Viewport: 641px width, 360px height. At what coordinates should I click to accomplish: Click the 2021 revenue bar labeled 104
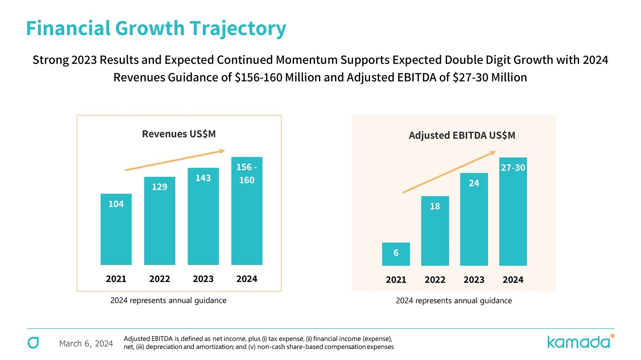coord(116,229)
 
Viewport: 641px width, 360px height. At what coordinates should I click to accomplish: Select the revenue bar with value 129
coord(159,221)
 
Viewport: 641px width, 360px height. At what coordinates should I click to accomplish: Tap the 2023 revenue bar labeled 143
coord(203,216)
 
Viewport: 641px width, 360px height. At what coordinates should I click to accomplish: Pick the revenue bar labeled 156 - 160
coord(247,211)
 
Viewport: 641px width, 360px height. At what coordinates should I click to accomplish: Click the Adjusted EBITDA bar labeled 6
coord(396,254)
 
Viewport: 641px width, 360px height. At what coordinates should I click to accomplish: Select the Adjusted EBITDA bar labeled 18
coord(435,231)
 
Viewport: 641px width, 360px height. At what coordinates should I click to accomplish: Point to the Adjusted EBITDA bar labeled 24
coord(474,219)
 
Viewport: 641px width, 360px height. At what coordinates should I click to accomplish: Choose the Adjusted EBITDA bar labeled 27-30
coord(513,211)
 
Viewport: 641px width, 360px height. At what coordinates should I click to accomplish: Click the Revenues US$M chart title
coord(179,134)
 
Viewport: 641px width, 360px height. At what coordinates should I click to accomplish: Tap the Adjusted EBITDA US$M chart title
coord(462,135)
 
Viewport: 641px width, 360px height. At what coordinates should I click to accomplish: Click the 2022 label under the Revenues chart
coord(159,279)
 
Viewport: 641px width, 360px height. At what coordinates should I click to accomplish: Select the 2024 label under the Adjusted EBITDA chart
coord(513,280)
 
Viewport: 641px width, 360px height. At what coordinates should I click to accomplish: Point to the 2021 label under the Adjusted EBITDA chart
coord(396,280)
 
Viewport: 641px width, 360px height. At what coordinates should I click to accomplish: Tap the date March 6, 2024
coord(86,344)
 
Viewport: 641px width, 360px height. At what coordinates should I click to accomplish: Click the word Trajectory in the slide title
coord(238,29)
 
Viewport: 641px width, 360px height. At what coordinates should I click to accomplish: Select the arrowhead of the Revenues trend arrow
coord(222,151)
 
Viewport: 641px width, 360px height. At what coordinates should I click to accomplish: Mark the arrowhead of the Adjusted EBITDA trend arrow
coord(493,152)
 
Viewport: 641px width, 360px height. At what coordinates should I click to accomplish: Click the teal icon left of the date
coord(33,342)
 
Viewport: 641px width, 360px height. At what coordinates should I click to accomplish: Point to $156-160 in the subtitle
coord(259,77)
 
